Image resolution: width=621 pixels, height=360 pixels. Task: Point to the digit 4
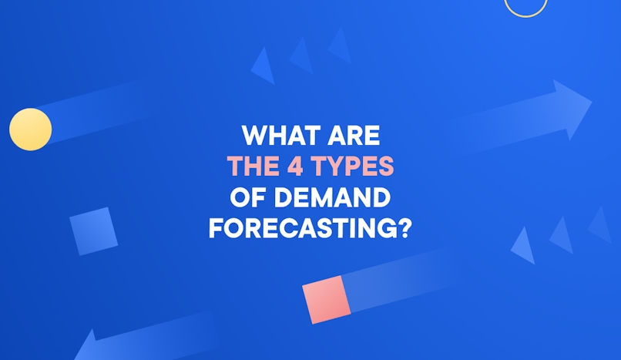[x=299, y=167]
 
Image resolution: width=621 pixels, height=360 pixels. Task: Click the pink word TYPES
[x=355, y=167]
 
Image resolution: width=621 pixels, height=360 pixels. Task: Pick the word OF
[x=245, y=197]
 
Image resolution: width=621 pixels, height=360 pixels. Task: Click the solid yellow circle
[x=31, y=129]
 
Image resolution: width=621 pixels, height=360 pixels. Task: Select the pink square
[x=326, y=299]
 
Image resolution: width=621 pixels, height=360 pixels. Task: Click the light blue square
[x=93, y=230]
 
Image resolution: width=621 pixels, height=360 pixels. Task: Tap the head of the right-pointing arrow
[x=572, y=108]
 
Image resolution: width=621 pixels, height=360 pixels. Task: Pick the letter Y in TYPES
[x=336, y=167]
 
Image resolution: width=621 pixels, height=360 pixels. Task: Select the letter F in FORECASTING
[x=216, y=228]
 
